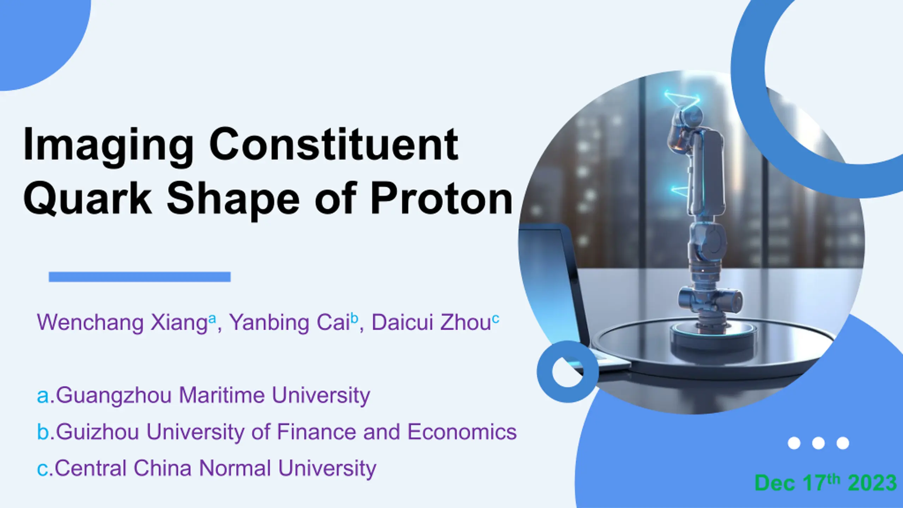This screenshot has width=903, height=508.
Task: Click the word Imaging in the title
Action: (108, 145)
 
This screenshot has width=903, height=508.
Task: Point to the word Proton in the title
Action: (441, 198)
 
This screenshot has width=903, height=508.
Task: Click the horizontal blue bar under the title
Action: (140, 277)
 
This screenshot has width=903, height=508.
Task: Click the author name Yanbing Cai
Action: (290, 322)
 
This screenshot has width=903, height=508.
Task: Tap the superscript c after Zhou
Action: (496, 319)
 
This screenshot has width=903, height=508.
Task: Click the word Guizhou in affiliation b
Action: (97, 432)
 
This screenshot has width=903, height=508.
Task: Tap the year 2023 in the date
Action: (872, 483)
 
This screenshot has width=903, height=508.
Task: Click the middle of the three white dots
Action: (818, 443)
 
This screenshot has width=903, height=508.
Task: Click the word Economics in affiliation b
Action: (462, 431)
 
